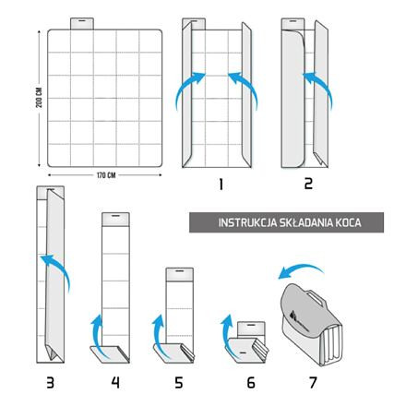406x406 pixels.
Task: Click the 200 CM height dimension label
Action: (39, 98)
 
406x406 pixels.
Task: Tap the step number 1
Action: (221, 184)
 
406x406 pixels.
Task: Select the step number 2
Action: (308, 184)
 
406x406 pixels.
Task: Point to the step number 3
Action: (50, 383)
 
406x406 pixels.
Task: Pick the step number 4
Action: (115, 383)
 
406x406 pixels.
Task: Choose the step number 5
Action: (179, 383)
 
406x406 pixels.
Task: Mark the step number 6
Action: (251, 383)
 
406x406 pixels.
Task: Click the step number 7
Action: (313, 383)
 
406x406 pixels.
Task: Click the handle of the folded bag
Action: (315, 296)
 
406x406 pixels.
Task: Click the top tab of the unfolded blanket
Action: (82, 24)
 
